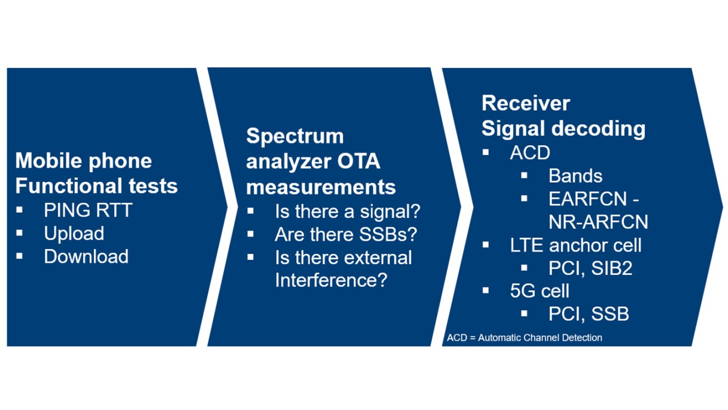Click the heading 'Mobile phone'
tap(83, 161)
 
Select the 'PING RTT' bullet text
tap(88, 210)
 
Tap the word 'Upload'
tap(74, 233)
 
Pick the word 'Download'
tap(86, 256)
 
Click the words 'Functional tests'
tap(96, 186)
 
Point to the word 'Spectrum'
tap(295, 136)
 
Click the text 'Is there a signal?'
tap(347, 212)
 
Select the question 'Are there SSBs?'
tap(346, 234)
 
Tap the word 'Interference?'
tap(331, 280)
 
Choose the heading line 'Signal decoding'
tap(563, 128)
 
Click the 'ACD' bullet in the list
tap(530, 153)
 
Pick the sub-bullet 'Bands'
tap(575, 176)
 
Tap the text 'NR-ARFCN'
tap(598, 222)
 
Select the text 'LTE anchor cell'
tap(576, 245)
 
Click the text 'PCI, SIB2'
tap(590, 268)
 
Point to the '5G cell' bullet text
tap(539, 291)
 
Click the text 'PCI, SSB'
tap(589, 314)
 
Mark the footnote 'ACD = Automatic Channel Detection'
tap(524, 338)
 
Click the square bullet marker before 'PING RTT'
tap(20, 210)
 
